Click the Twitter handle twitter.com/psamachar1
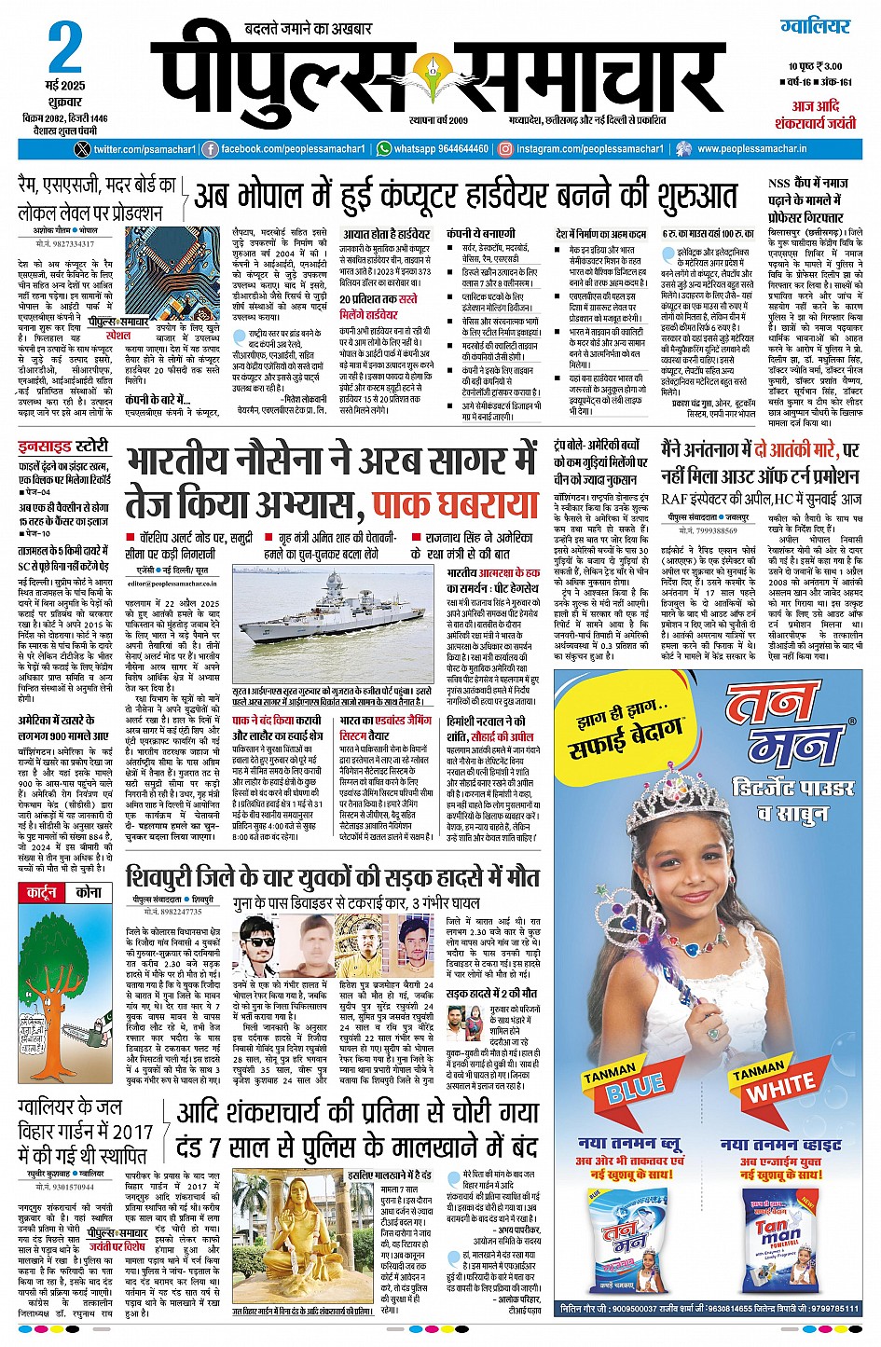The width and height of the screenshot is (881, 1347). tap(144, 149)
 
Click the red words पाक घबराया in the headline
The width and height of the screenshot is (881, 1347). tap(455, 505)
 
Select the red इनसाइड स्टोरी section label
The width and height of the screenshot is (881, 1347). tap(63, 447)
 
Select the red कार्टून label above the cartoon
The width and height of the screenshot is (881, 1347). tap(41, 892)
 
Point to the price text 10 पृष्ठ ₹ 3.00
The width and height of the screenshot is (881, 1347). tap(814, 66)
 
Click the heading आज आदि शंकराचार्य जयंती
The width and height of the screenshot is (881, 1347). tap(815, 115)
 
